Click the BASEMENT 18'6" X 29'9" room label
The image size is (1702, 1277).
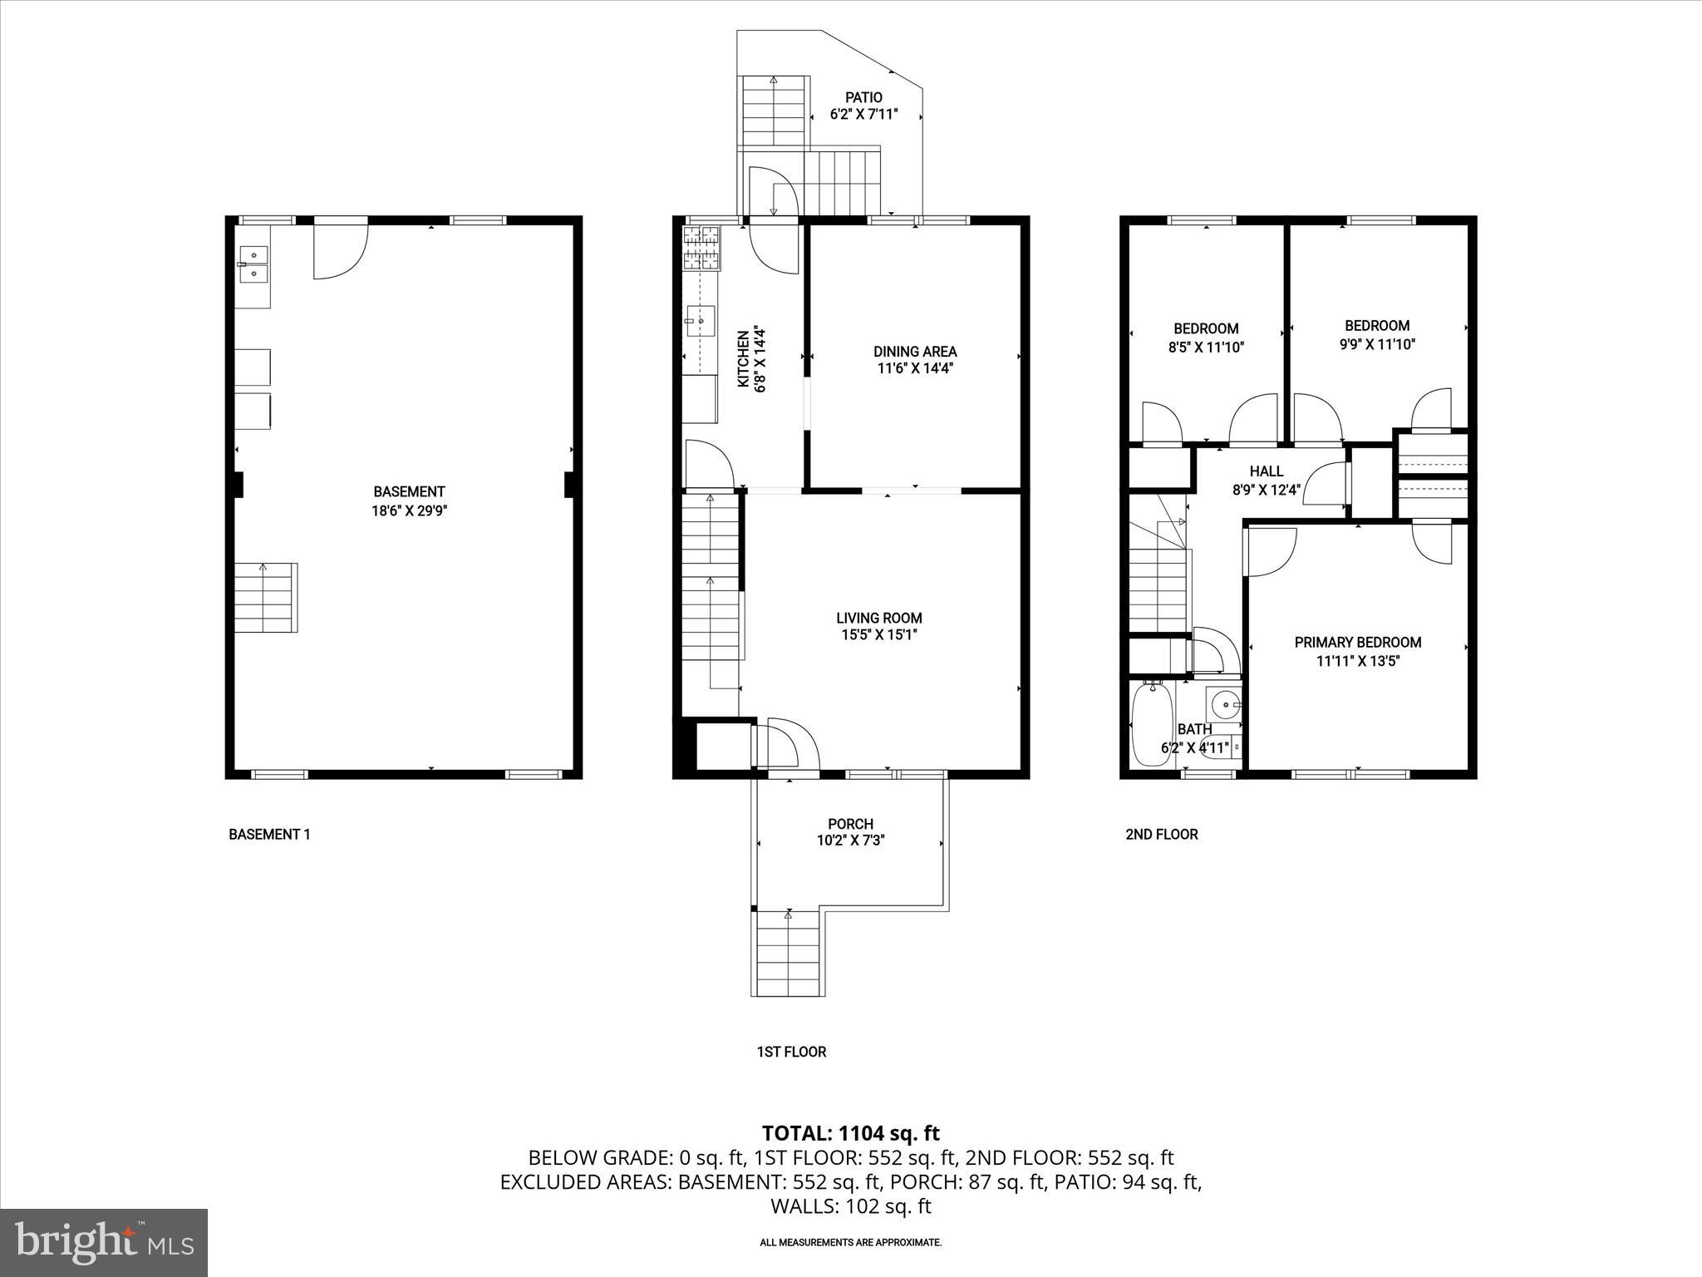[408, 501]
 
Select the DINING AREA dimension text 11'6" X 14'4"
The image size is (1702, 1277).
[914, 368]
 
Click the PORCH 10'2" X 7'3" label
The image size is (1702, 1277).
[850, 832]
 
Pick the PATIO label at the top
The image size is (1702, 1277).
[863, 98]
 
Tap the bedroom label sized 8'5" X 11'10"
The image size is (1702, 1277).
[1205, 338]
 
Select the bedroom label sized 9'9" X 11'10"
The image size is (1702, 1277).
[1376, 334]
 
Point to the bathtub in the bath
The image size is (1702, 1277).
[1152, 723]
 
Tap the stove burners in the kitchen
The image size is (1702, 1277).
[701, 248]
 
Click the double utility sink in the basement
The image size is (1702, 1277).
[253, 264]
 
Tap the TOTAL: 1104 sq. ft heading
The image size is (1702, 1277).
[850, 1132]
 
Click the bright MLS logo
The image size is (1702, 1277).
[104, 1242]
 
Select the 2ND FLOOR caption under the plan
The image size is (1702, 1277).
[1161, 834]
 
